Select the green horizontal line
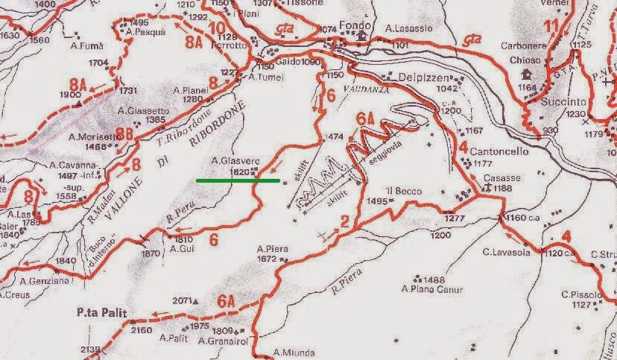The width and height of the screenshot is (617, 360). click(238, 180)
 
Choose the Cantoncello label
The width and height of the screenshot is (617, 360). click(499, 151)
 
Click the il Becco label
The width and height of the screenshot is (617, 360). click(403, 191)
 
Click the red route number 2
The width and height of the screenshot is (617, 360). click(344, 221)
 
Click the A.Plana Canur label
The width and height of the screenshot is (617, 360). click(432, 290)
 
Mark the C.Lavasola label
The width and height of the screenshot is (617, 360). click(505, 252)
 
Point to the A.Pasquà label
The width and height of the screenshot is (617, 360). click(145, 33)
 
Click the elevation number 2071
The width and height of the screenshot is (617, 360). click(181, 300)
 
